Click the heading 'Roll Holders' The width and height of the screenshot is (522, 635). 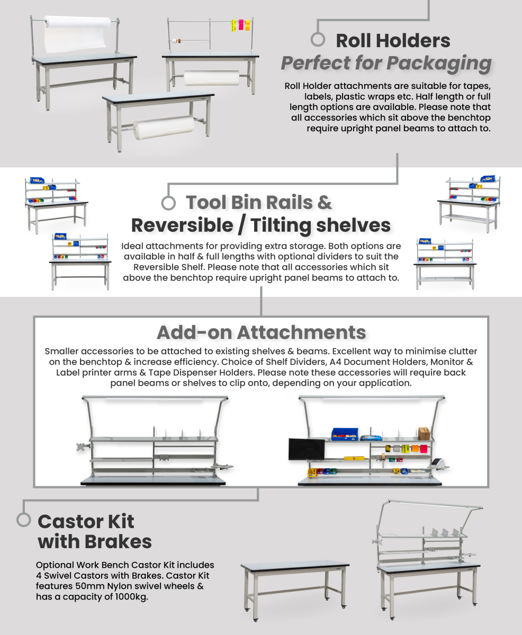tap(393, 41)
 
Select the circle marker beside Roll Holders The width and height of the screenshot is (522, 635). tap(318, 39)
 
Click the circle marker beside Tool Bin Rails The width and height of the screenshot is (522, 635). tap(168, 203)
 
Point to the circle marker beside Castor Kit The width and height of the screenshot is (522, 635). tap(24, 520)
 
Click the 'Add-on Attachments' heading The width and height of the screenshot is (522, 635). tap(261, 332)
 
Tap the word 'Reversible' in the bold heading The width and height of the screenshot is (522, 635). tap(182, 225)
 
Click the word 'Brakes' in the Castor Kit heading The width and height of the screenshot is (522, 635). tap(118, 542)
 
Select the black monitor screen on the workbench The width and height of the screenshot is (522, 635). tap(307, 449)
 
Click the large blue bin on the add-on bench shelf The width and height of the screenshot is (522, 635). tap(345, 434)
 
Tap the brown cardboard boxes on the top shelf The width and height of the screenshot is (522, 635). tap(424, 434)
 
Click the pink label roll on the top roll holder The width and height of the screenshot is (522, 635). tap(241, 25)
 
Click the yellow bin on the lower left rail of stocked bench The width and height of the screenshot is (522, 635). tap(311, 473)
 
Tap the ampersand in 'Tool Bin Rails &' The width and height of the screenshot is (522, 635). tap(325, 202)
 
